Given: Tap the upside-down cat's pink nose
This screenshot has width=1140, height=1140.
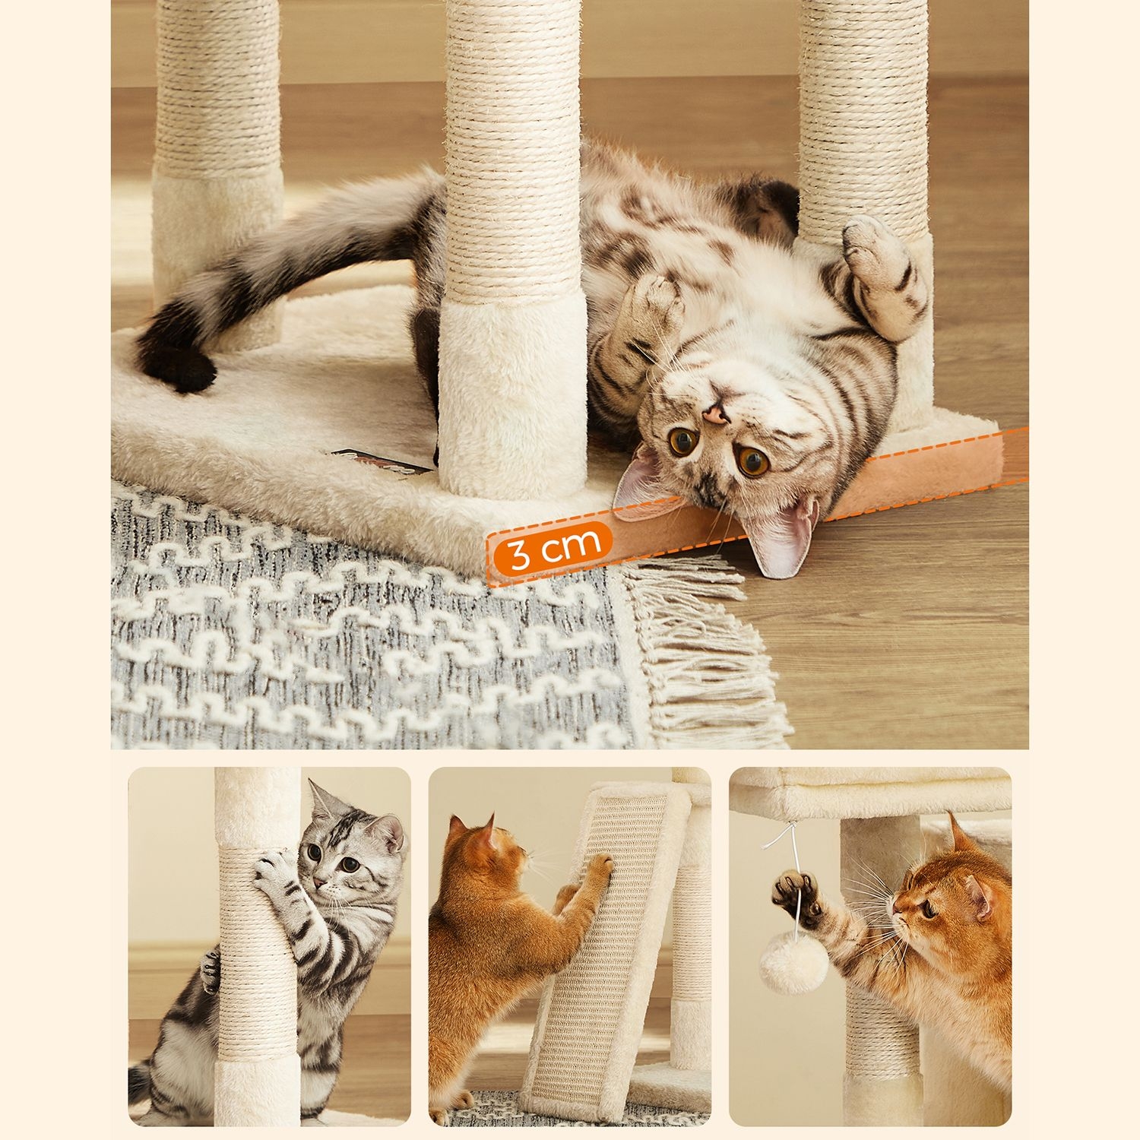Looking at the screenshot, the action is [714, 414].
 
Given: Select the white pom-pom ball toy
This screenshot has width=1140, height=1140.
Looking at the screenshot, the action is [794, 964].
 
